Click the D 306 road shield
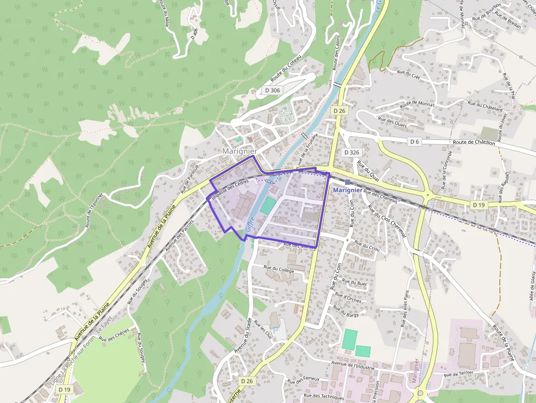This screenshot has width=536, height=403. (x=272, y=90)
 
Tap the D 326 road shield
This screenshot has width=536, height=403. (x=351, y=151)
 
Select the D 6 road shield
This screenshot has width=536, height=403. (x=414, y=142)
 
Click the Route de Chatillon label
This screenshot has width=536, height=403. (x=474, y=143)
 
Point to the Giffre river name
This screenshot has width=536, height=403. (x=250, y=226)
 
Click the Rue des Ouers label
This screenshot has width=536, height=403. (x=393, y=123)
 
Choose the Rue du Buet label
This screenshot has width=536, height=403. (x=354, y=283)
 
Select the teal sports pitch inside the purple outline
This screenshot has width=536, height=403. (x=268, y=206)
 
